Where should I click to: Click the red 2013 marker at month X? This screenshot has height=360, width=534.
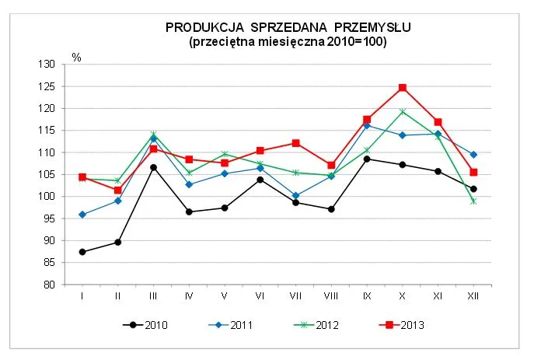click(x=402, y=88)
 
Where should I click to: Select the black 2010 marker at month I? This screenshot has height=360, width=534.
click(x=82, y=252)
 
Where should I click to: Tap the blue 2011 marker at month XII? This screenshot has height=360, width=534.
click(x=473, y=155)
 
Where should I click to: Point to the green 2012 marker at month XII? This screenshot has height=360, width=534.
click(x=473, y=201)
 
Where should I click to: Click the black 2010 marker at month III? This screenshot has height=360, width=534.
click(x=153, y=167)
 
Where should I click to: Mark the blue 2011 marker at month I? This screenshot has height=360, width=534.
click(x=82, y=215)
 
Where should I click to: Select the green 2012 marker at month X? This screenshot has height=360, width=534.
click(x=402, y=112)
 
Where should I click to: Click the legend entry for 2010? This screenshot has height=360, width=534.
click(x=147, y=325)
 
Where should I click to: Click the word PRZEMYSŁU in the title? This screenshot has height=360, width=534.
click(x=370, y=28)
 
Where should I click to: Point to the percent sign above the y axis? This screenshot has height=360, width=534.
click(x=76, y=57)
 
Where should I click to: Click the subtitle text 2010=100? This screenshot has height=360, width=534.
click(x=361, y=41)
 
